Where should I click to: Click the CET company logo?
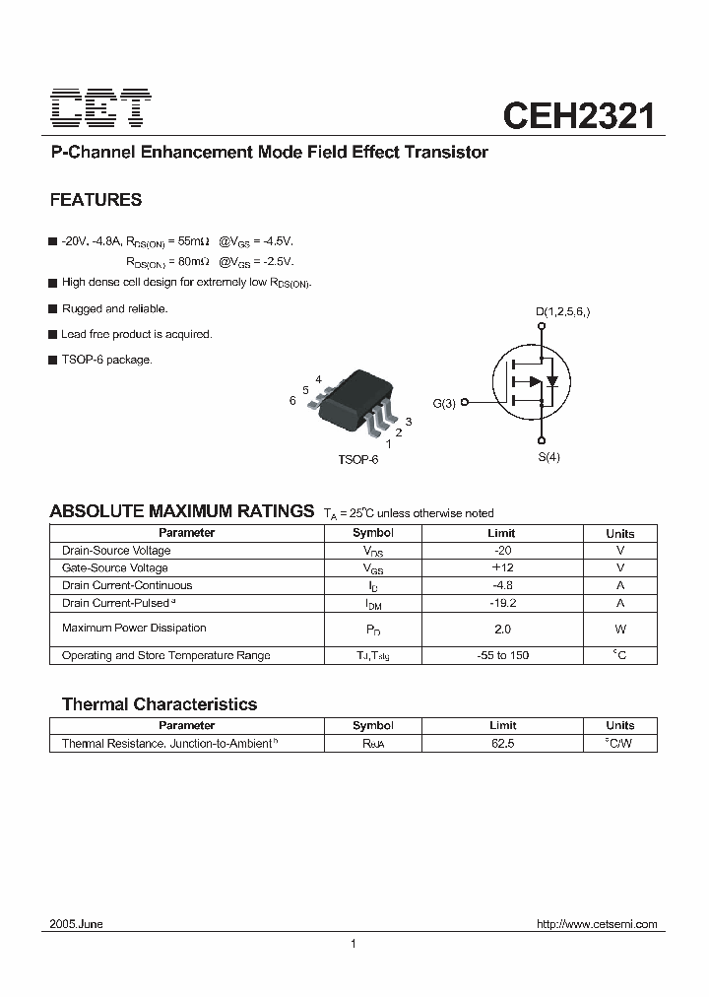[x=100, y=108]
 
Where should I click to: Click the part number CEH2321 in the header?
[x=579, y=116]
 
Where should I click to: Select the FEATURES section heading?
[x=96, y=200]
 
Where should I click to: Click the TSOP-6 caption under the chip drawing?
[x=358, y=460]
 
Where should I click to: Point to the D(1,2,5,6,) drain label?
[x=563, y=312]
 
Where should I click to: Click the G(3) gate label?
[x=444, y=403]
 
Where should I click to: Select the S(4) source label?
[x=548, y=457]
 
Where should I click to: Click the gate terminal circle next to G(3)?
[x=464, y=402]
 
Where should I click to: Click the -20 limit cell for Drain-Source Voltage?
[x=501, y=551]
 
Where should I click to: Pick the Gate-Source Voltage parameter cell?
[x=115, y=568]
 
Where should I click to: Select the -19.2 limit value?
[x=501, y=603]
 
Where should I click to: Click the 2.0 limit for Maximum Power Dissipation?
[x=502, y=629]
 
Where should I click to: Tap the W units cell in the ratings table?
[x=620, y=629]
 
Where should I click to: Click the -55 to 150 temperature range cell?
[x=501, y=655]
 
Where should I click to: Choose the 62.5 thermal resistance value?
[x=501, y=744]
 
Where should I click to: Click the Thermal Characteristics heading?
[x=160, y=704]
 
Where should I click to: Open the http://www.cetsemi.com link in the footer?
[x=597, y=924]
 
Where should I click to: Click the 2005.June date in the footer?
[x=77, y=924]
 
